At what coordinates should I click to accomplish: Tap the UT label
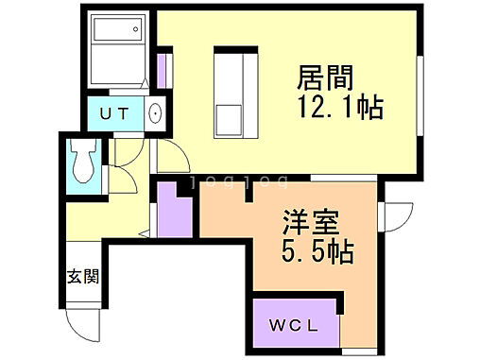[x=116, y=114]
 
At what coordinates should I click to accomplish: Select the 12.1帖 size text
[x=341, y=109]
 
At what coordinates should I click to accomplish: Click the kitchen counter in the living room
[x=231, y=93]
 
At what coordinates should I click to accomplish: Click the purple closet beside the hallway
[x=174, y=210]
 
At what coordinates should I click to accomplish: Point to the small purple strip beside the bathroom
[x=163, y=71]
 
